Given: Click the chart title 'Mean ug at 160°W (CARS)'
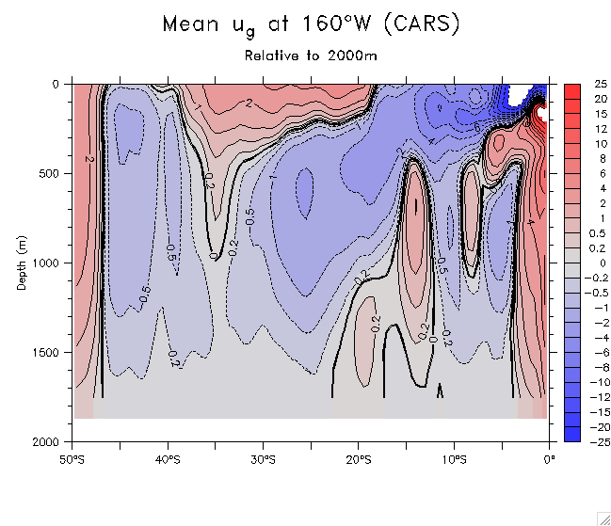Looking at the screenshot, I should [311, 25].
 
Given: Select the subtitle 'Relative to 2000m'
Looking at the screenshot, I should [311, 56].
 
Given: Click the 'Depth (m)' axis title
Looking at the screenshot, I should [22, 263].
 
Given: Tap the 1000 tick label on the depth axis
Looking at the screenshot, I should [44, 263].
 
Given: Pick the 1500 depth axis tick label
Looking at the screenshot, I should [44, 352].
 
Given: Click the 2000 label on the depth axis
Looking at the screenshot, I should [44, 441].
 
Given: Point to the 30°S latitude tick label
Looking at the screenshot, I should [263, 459].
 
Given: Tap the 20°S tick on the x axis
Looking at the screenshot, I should [359, 459].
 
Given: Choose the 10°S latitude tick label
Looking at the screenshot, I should [454, 459].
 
